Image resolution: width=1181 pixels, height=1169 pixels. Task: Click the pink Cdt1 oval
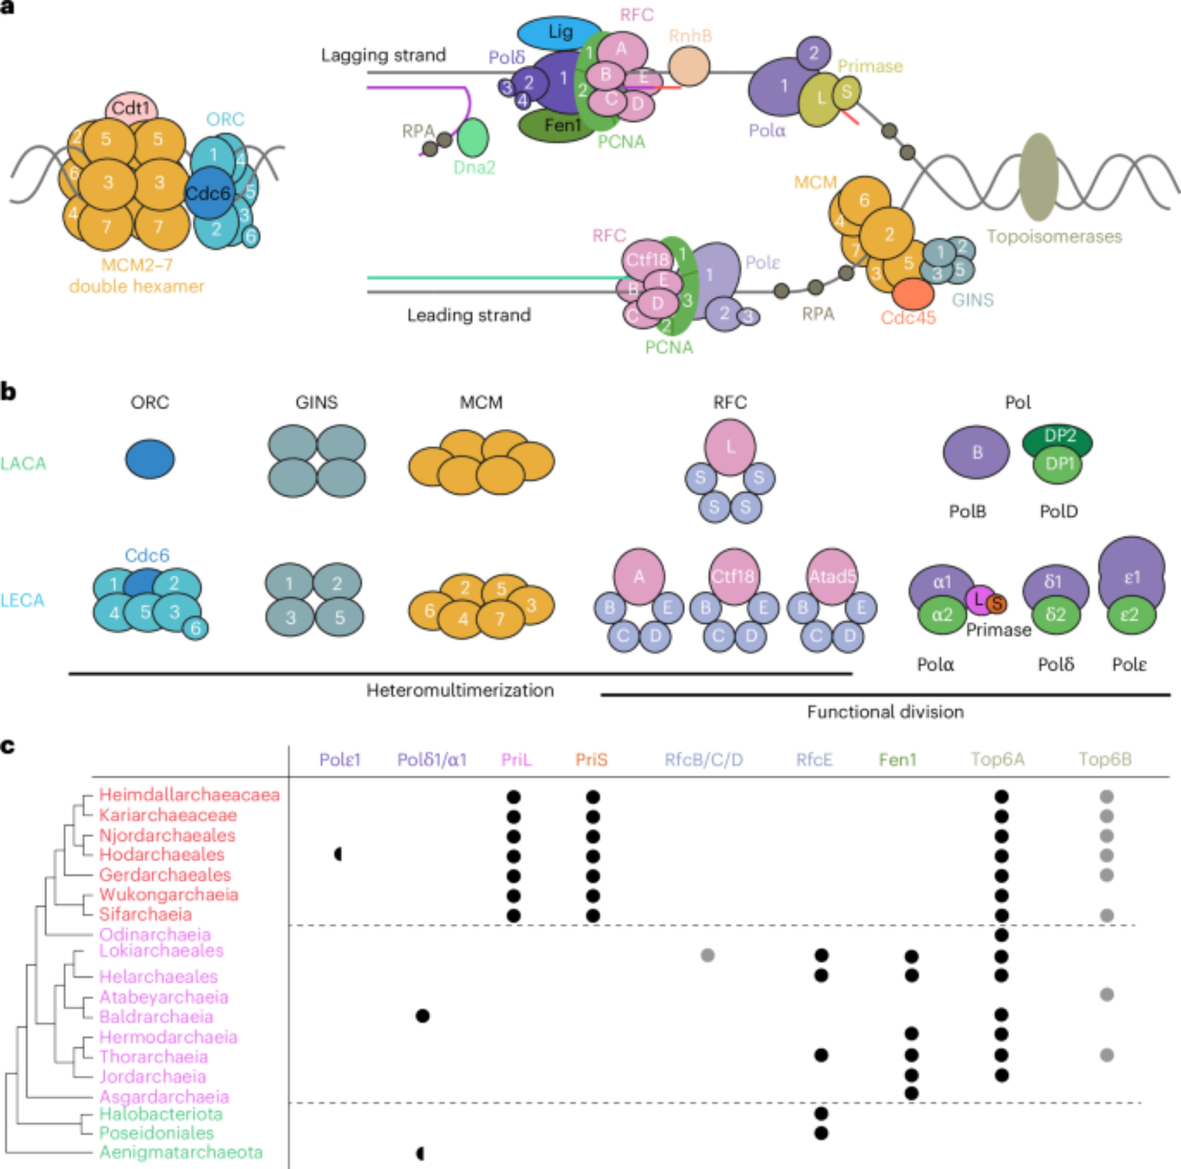[132, 108]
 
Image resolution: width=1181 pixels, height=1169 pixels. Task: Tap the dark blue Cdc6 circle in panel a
[208, 194]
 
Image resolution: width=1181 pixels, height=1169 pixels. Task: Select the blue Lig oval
[559, 32]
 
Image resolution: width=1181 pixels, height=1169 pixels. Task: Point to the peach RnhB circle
[689, 67]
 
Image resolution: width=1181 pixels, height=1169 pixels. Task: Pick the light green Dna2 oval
[473, 137]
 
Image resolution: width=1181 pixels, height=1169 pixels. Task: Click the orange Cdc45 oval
[913, 294]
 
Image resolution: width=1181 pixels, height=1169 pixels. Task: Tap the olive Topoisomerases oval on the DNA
[1039, 177]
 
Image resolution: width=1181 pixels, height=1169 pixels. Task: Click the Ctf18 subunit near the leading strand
[647, 259]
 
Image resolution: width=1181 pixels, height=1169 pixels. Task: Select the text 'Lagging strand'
[383, 56]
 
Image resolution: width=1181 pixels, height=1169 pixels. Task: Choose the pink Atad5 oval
[832, 575]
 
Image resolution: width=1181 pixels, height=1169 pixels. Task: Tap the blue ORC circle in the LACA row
[150, 458]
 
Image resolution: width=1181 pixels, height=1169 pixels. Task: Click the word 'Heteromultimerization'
[459, 691]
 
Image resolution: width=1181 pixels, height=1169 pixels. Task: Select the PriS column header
[591, 760]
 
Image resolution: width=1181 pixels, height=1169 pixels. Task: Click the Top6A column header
[997, 760]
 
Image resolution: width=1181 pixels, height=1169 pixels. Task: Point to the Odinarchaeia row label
[155, 934]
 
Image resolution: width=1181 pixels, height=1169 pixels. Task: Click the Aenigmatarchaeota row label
[181, 1152]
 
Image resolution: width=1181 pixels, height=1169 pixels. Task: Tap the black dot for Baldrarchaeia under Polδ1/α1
[422, 1016]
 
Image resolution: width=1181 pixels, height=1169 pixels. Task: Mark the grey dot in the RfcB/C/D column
[707, 955]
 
